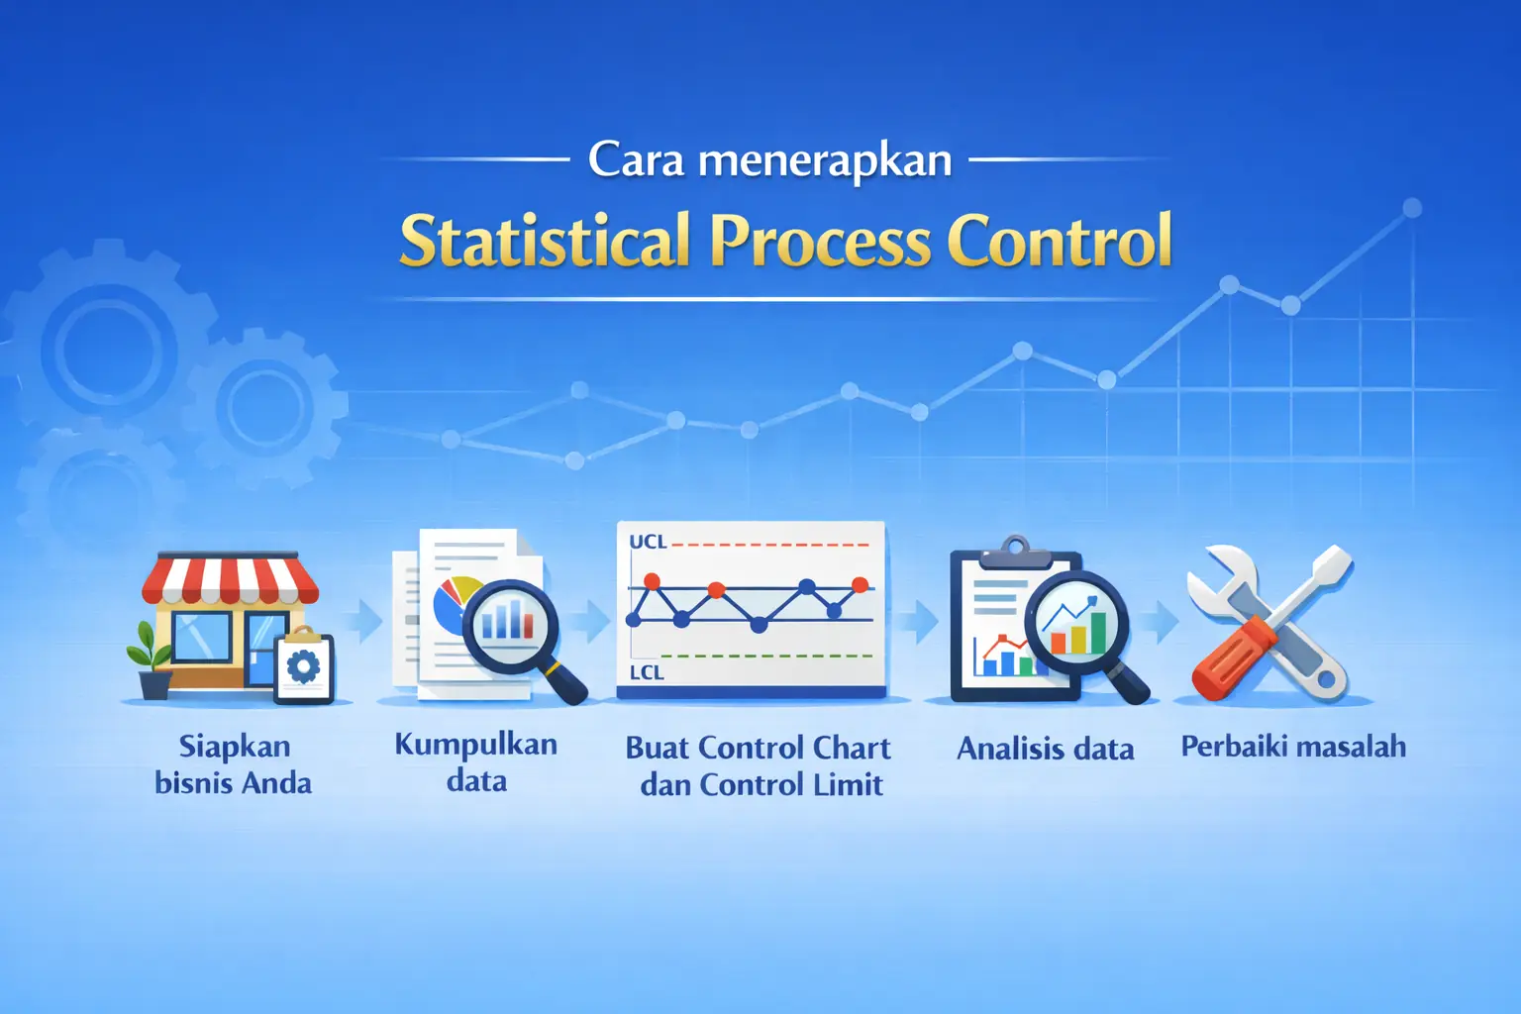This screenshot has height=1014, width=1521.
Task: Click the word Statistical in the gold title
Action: coord(544,241)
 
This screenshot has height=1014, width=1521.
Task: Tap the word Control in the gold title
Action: coord(1060,241)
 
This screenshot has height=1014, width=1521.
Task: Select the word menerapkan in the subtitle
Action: coord(825,160)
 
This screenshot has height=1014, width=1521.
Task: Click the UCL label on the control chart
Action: coord(648,543)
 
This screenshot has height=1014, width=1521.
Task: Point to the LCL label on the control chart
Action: coord(647,672)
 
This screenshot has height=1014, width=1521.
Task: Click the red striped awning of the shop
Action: coord(230,580)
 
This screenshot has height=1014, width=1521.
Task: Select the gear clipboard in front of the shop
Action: coord(303,666)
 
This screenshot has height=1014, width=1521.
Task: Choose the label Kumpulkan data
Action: coord(476,762)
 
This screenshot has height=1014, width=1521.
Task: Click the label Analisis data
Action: coord(1045,749)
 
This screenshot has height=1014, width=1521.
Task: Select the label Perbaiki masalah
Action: coord(1293,747)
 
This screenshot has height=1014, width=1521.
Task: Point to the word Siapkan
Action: coord(235,746)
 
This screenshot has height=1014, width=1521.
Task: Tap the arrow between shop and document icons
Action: coord(368,622)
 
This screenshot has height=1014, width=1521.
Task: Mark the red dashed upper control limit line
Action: coord(772,545)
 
